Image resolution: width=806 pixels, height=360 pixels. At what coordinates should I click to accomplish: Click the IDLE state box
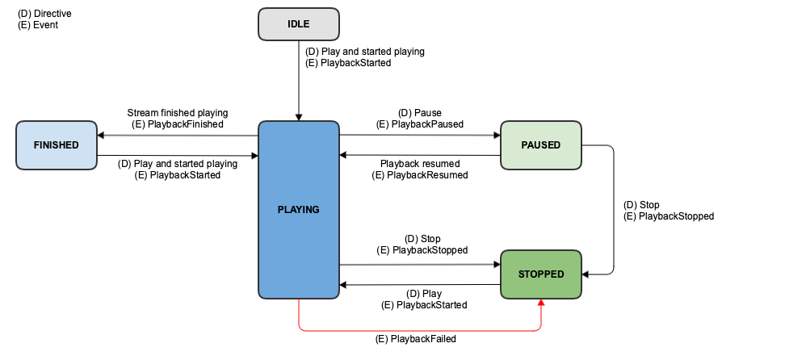298,24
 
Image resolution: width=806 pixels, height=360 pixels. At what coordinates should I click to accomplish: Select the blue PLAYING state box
298,210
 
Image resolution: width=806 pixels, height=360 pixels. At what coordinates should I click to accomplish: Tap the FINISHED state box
56,145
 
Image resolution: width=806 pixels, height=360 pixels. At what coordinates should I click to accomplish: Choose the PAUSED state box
540,145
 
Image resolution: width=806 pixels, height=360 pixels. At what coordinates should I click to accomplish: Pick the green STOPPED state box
540,274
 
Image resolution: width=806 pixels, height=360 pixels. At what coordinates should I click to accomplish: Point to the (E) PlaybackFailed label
416,340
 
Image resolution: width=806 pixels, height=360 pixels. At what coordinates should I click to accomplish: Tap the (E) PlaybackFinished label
178,124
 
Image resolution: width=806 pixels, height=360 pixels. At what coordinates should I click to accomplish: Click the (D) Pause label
420,113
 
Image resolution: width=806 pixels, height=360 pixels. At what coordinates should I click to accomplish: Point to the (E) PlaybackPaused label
420,124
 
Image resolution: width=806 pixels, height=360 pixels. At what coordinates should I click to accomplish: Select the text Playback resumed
419,163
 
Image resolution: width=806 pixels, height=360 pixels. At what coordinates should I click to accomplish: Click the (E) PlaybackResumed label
419,174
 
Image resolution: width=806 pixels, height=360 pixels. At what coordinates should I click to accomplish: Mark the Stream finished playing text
178,113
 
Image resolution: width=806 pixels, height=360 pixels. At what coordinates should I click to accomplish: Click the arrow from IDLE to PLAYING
299,89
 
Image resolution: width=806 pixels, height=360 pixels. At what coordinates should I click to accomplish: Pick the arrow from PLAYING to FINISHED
178,135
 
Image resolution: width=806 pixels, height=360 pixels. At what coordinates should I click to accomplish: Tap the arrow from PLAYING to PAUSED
420,135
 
